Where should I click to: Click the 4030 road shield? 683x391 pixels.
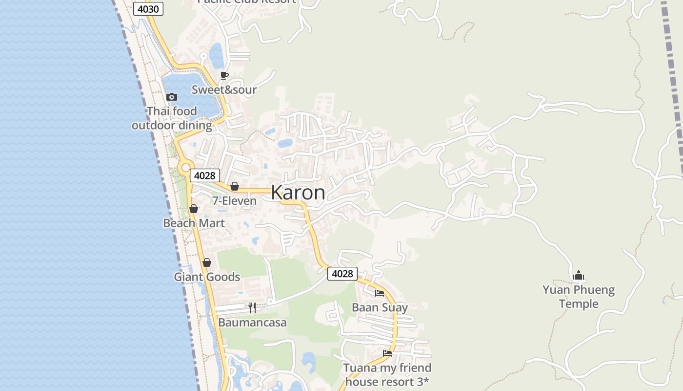pos(149,9)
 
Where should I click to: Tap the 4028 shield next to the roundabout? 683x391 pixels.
pos(204,175)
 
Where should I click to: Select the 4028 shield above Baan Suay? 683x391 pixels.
pos(342,274)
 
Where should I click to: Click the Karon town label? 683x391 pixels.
pos(298,193)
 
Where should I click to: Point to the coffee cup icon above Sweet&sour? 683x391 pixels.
pos(224,75)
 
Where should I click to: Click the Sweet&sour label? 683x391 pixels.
pos(224,89)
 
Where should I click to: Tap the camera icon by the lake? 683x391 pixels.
pos(172,97)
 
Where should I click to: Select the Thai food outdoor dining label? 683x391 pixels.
pos(172,118)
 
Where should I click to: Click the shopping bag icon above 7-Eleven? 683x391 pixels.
pos(235,186)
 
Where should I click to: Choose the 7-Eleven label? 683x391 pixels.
pos(234,200)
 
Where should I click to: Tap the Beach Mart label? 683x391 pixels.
pos(194,223)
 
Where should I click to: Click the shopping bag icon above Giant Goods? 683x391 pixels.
pos(207,262)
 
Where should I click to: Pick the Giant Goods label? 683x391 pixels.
pos(207,277)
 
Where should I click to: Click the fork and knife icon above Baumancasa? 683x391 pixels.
pos(252,308)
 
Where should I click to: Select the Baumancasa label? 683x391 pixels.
pos(252,323)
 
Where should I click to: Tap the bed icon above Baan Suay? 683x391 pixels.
pos(380,293)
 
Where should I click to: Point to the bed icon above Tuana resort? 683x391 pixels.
pos(387,353)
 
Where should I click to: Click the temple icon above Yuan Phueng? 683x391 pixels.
pos(579,275)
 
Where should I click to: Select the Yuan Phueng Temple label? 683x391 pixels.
pos(579,297)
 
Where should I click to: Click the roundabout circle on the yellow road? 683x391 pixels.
pos(185,168)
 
